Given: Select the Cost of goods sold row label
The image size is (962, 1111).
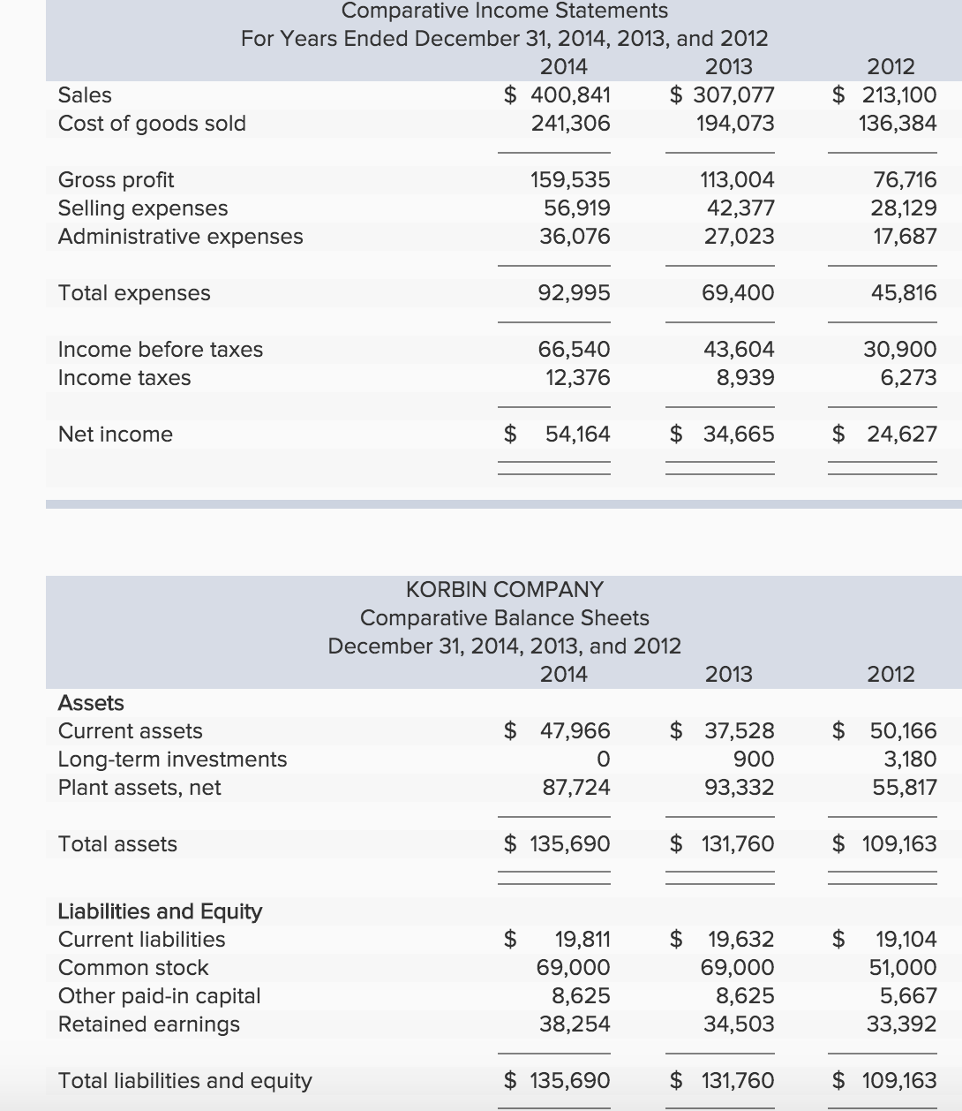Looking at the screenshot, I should [x=152, y=123].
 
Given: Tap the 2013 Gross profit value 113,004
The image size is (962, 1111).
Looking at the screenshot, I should [x=738, y=179].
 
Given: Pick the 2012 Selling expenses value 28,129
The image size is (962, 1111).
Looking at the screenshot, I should [x=903, y=208].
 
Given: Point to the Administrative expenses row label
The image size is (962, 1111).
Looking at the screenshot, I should [x=180, y=236].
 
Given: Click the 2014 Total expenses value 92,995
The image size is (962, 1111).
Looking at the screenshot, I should [x=574, y=292].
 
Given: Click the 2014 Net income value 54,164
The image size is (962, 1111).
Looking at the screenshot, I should [x=577, y=434].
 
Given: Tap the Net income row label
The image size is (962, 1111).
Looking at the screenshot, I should [x=115, y=434].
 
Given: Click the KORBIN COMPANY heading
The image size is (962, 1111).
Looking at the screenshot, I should [x=504, y=589].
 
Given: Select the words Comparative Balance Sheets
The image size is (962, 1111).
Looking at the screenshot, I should [x=504, y=617].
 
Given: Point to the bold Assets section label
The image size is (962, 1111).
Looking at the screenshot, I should [x=91, y=702].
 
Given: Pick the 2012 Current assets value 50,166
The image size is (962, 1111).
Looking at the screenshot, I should [x=903, y=730].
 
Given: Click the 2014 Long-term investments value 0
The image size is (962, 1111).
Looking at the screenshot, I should [x=603, y=759].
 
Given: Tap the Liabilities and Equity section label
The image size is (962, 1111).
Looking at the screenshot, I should [x=160, y=911].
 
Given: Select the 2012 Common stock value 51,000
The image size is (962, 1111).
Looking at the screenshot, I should [x=903, y=967].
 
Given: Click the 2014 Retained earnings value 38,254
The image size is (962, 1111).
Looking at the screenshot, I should [x=574, y=1024].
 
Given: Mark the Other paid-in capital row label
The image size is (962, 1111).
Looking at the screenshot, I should [x=159, y=995].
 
